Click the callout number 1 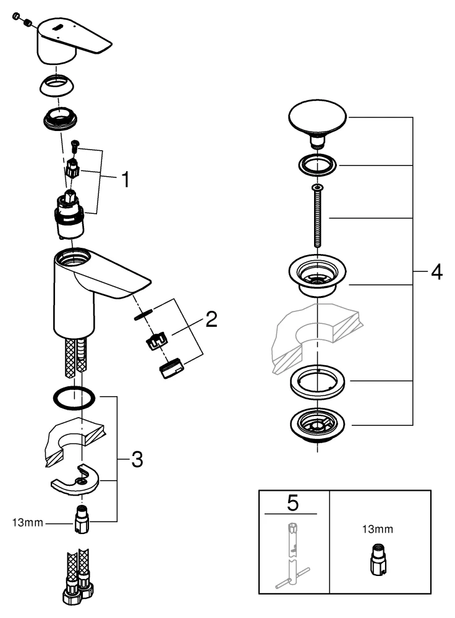[125, 180]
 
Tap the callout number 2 [211, 320]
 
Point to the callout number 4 [436, 272]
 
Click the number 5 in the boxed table [292, 503]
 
